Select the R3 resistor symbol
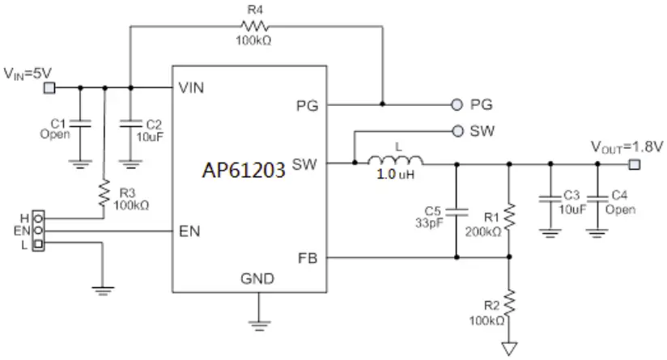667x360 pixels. tap(104, 194)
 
